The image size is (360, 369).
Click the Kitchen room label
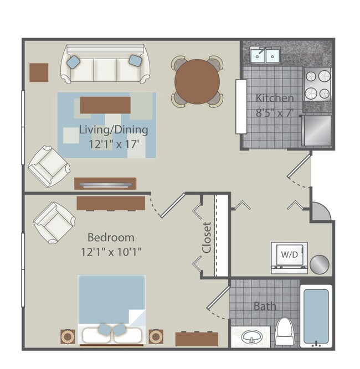click(275, 98)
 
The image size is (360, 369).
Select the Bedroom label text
click(111, 237)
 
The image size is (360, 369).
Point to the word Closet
click(207, 238)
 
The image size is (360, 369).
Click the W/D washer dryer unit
click(289, 256)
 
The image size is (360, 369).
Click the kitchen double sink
click(265, 54)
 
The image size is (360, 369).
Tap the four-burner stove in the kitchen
click(317, 85)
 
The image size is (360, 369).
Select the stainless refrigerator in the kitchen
click(316, 131)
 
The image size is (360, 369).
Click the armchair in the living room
click(48, 165)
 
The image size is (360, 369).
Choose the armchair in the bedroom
click(54, 222)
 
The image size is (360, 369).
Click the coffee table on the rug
click(106, 105)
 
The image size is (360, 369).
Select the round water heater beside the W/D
click(319, 264)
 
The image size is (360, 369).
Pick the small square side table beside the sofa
click(39, 72)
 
